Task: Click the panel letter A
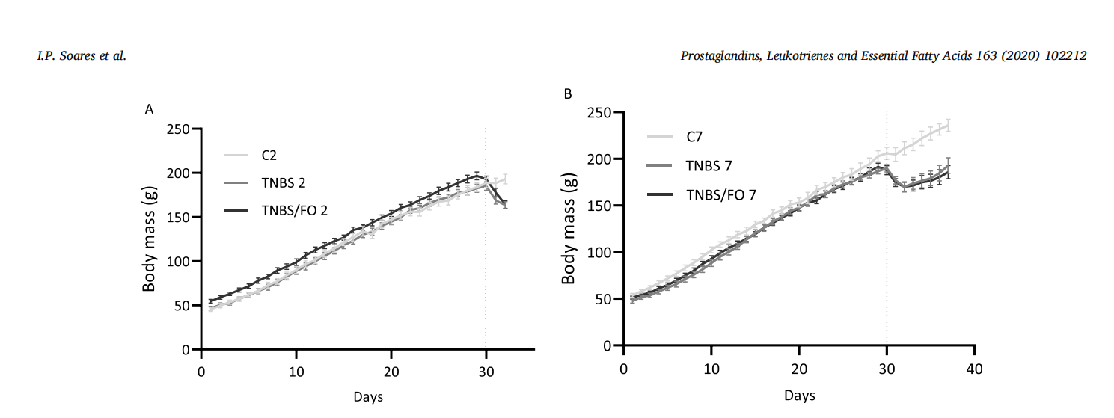point(149,109)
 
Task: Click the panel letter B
point(568,93)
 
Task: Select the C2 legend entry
point(271,156)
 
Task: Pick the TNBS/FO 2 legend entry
point(294,212)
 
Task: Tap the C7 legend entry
point(695,136)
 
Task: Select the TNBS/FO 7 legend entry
point(721,194)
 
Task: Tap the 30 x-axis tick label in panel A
point(486,372)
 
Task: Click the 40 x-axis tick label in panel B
point(973,369)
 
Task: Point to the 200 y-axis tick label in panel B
point(601,159)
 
